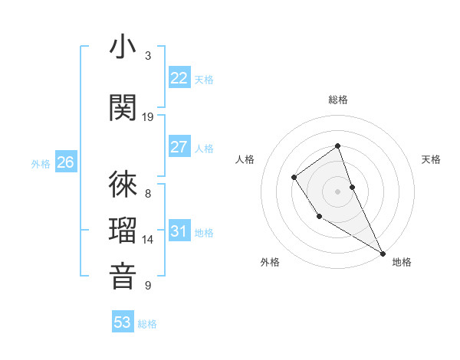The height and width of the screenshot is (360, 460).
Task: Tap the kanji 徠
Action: tap(123, 184)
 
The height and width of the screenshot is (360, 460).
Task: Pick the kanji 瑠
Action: tap(123, 229)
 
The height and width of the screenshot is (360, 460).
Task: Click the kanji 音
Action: tap(123, 275)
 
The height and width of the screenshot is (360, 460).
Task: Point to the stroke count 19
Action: tap(148, 116)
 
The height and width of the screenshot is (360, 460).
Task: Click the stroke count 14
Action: tap(148, 240)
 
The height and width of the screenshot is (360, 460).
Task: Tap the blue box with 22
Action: tap(179, 77)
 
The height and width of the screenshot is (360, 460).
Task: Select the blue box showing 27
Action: tap(179, 147)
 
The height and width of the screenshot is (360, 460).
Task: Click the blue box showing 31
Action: tap(179, 231)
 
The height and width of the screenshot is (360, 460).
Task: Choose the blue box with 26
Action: tap(65, 162)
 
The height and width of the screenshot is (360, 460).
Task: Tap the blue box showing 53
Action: tap(123, 322)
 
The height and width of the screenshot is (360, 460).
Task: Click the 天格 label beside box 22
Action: tap(204, 79)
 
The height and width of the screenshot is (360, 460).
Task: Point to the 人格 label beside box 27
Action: tap(204, 149)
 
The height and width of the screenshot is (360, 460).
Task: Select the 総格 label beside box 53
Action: tap(147, 324)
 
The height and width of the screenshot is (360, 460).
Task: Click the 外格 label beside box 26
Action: tap(40, 164)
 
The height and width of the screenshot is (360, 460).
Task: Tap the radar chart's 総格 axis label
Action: tap(338, 100)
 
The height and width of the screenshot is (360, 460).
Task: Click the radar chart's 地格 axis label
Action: tap(402, 262)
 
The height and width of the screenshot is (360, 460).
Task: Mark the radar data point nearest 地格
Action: tap(383, 253)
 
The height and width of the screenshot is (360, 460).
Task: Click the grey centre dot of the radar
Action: tap(337, 190)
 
